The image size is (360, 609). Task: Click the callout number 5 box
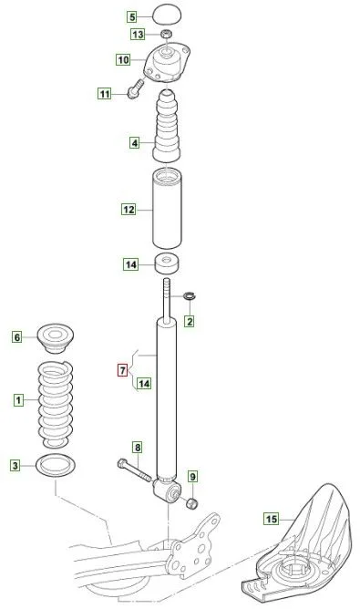(x=133, y=17)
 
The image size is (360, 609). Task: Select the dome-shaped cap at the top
(x=167, y=15)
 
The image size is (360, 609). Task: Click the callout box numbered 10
(x=123, y=60)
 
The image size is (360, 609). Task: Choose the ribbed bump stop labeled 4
(x=167, y=126)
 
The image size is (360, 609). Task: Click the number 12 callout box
(x=129, y=210)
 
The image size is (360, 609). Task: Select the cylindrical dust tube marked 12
(x=167, y=209)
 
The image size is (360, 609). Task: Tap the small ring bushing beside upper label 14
(x=168, y=263)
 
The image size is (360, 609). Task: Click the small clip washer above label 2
(x=190, y=296)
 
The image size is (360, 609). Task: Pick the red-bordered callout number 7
(x=122, y=370)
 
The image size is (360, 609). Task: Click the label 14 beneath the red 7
(x=144, y=384)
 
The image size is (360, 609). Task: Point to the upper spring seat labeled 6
(x=56, y=338)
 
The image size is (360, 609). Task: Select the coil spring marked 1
(x=56, y=404)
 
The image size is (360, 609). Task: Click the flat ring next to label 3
(x=56, y=465)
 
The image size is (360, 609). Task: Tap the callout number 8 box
(x=138, y=448)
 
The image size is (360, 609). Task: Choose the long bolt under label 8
(x=134, y=470)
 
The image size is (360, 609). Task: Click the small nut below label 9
(x=191, y=503)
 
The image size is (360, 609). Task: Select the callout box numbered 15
(x=272, y=519)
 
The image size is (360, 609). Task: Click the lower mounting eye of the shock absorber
(x=167, y=490)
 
